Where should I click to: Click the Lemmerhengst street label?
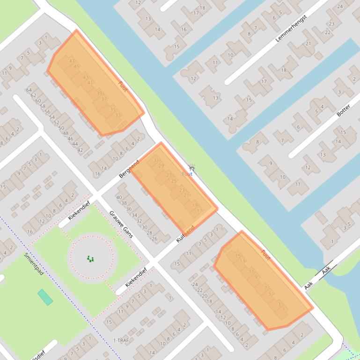click(x=291, y=29)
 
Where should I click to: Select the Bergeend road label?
click(x=129, y=169)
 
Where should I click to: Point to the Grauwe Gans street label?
click(x=121, y=224)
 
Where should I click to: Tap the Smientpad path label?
click(x=33, y=264)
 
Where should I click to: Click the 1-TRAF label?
click(x=121, y=340)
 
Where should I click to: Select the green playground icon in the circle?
click(x=91, y=258)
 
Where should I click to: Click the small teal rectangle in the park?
click(x=45, y=297)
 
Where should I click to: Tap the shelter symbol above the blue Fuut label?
click(x=191, y=167)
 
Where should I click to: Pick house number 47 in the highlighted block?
click(x=72, y=61)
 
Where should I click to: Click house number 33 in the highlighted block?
click(x=118, y=115)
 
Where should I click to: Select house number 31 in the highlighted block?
click(x=156, y=160)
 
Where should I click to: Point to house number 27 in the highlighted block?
click(x=169, y=175)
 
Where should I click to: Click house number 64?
click(x=29, y=90)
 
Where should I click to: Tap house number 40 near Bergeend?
click(x=119, y=198)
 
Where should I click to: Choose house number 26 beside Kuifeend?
click(x=154, y=239)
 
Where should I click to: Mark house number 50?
click(x=61, y=128)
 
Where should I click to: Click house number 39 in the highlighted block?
click(x=99, y=94)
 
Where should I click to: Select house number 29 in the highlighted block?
click(x=162, y=166)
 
